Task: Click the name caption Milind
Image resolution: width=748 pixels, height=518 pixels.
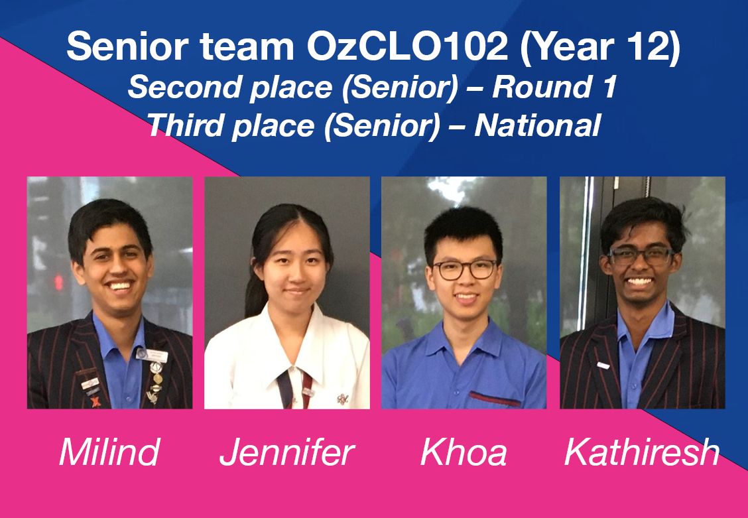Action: (x=109, y=452)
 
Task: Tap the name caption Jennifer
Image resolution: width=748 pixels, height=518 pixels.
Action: (x=286, y=452)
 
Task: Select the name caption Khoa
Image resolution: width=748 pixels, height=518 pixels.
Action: (x=464, y=452)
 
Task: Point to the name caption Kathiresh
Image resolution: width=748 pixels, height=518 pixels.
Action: (x=642, y=452)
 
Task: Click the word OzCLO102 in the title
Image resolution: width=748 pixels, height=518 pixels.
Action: (x=407, y=46)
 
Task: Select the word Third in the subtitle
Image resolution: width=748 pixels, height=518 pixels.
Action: (x=183, y=125)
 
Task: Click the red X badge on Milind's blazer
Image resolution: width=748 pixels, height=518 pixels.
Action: (x=96, y=402)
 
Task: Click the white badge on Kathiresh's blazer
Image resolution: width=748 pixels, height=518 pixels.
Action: (x=603, y=365)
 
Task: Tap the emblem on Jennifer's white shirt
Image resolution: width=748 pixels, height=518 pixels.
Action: (x=343, y=399)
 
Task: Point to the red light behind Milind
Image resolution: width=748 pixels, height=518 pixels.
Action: (x=58, y=282)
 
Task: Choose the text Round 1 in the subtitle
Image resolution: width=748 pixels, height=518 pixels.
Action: (x=555, y=88)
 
